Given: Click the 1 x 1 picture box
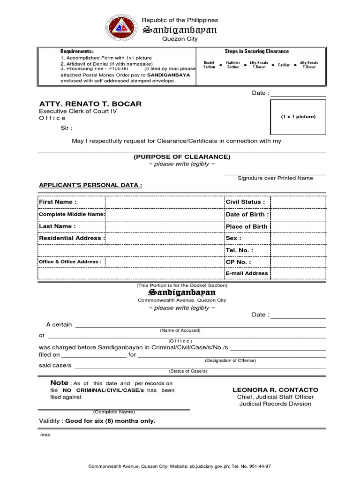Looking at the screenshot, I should click(298, 117).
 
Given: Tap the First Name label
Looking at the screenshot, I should click(58, 202).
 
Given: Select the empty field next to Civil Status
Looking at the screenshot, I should click(298, 202).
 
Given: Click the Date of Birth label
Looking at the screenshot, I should click(247, 214).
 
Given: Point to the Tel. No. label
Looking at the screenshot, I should click(239, 250).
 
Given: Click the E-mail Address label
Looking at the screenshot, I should click(247, 273).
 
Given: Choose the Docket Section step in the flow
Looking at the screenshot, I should click(209, 65).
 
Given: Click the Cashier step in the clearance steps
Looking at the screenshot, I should click(284, 65).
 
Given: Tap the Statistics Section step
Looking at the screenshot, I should click(232, 65).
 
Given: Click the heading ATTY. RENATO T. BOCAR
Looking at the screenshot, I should click(90, 104).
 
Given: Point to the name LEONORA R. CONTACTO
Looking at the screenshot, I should click(275, 390).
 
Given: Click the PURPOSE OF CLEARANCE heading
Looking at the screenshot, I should click(181, 157).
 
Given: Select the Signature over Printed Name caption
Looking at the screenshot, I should click(275, 178).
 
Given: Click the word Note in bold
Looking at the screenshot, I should click(59, 383).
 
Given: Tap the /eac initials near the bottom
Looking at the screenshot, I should click(45, 435).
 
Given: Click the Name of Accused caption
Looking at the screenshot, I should click(180, 330).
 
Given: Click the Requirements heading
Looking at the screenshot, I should click(77, 51).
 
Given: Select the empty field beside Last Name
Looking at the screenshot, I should click(165, 226).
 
